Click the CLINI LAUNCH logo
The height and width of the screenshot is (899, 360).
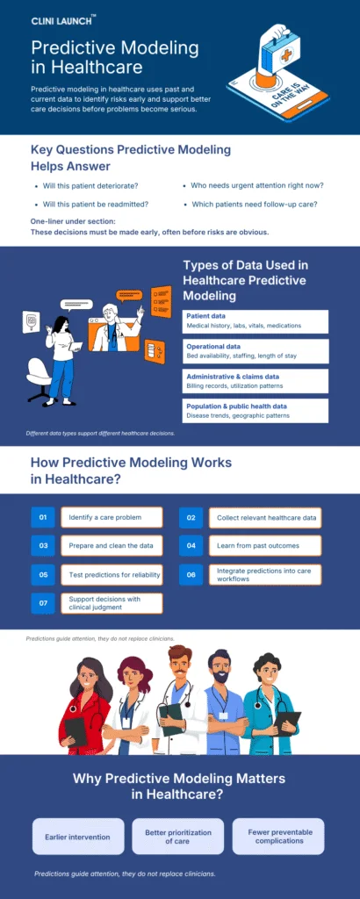pos(63,20)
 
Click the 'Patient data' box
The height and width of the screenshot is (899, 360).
pos(256,320)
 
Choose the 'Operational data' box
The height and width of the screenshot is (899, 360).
pos(256,351)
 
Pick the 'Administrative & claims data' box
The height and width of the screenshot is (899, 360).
pos(256,381)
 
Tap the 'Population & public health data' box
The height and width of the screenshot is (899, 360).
pos(256,411)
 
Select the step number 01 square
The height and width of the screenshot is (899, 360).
pos(43,518)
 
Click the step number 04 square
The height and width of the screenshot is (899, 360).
pos(191,546)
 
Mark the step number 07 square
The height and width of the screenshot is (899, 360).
pos(43,603)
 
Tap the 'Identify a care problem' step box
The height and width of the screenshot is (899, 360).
pos(112,518)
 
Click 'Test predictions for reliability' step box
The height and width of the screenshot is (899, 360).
pos(112,574)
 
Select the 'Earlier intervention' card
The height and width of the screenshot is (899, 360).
pos(77,836)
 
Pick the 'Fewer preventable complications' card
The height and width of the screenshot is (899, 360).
pos(277,836)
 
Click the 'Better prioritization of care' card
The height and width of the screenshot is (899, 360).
pos(177,836)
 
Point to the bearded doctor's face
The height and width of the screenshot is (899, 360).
pos(220,672)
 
